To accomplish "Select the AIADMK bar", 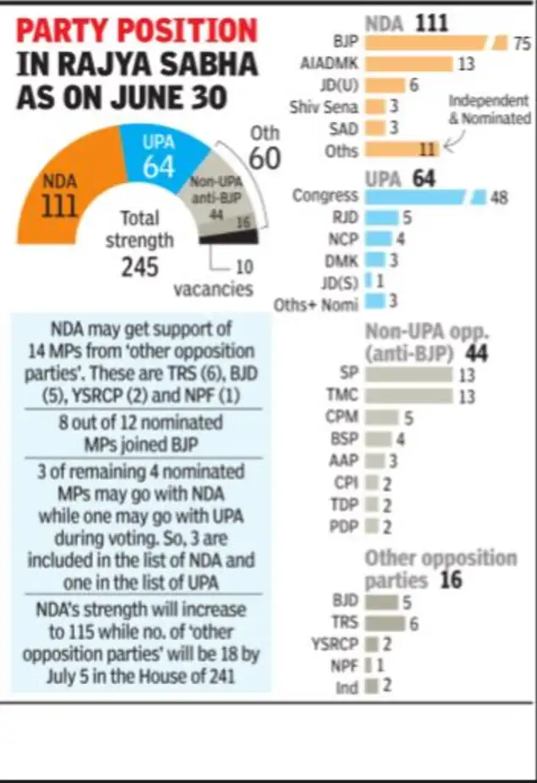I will [x=408, y=64].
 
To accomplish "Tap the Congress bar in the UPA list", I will [x=414, y=196].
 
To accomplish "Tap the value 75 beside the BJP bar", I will [x=521, y=43].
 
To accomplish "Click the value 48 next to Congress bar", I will [x=499, y=196].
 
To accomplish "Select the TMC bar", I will [x=408, y=394].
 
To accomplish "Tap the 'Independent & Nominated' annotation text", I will [x=490, y=110].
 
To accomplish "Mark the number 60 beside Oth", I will [x=264, y=158].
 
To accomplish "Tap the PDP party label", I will [x=344, y=527].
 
